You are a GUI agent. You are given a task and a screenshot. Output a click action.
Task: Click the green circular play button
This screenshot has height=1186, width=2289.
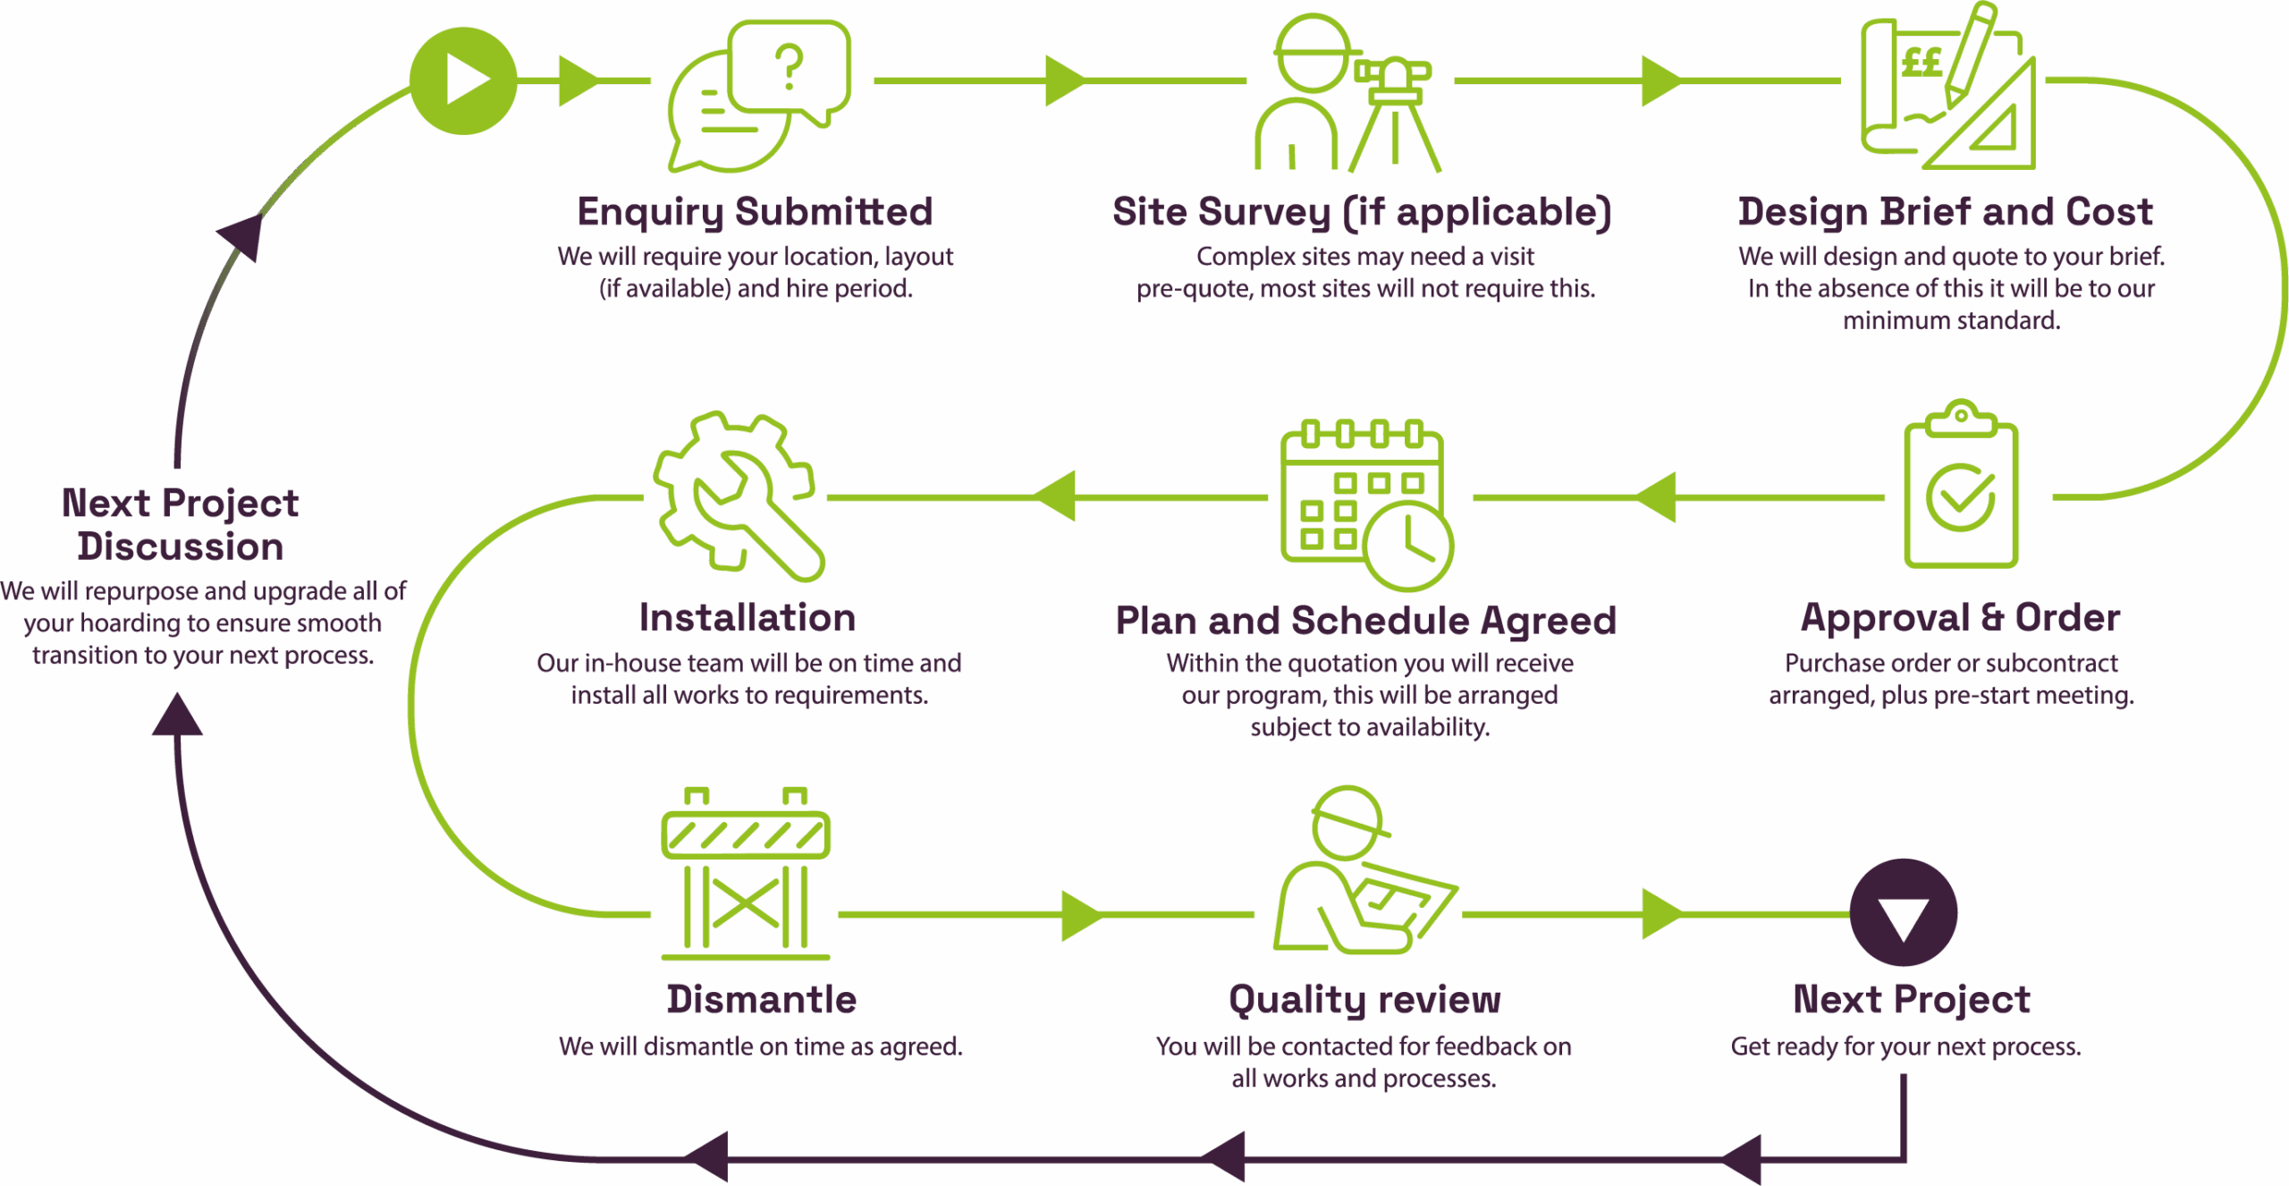[x=463, y=80]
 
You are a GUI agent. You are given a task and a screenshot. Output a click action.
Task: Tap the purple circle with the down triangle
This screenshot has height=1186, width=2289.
[x=1903, y=913]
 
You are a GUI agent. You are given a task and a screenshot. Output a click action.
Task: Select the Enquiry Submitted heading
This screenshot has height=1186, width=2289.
[x=756, y=212]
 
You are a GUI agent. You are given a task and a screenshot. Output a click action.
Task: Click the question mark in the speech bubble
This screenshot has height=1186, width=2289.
[x=790, y=68]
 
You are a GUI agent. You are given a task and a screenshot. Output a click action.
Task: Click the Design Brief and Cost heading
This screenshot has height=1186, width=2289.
[x=1946, y=212]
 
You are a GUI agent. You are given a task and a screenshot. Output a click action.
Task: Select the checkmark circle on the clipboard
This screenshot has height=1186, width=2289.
[x=1960, y=497]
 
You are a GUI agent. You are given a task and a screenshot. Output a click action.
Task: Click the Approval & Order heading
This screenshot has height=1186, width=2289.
[x=1960, y=618]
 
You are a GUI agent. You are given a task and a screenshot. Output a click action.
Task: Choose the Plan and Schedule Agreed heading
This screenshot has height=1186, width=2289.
[x=1365, y=621]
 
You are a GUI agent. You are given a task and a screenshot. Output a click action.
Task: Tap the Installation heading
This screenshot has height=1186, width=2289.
[x=748, y=618]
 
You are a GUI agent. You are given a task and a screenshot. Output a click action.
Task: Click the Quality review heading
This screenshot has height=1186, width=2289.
[x=1364, y=1000]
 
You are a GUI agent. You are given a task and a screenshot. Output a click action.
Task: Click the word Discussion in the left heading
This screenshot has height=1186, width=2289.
[x=180, y=546]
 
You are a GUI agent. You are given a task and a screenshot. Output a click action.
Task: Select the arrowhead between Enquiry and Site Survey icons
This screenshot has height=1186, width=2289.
[x=1064, y=80]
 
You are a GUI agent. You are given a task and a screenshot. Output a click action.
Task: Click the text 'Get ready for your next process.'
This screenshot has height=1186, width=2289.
[x=1905, y=1046]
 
